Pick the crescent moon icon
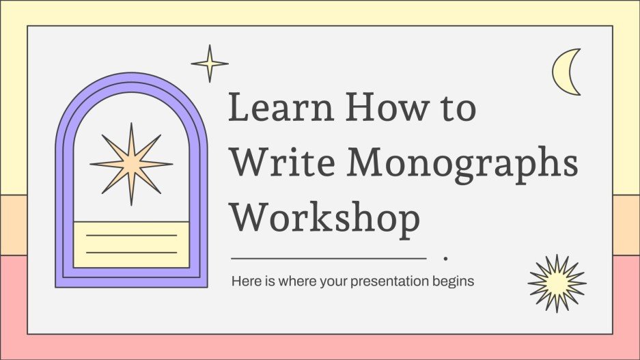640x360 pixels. coord(568,72)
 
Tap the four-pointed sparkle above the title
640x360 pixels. coord(209,64)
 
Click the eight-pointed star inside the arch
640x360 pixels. coord(131,164)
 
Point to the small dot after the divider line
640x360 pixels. coord(445,259)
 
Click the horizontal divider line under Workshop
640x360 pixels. coord(329,259)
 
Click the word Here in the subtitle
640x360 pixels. coord(243,281)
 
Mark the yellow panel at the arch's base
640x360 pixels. coord(131,244)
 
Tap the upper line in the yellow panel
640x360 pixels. coord(131,235)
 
